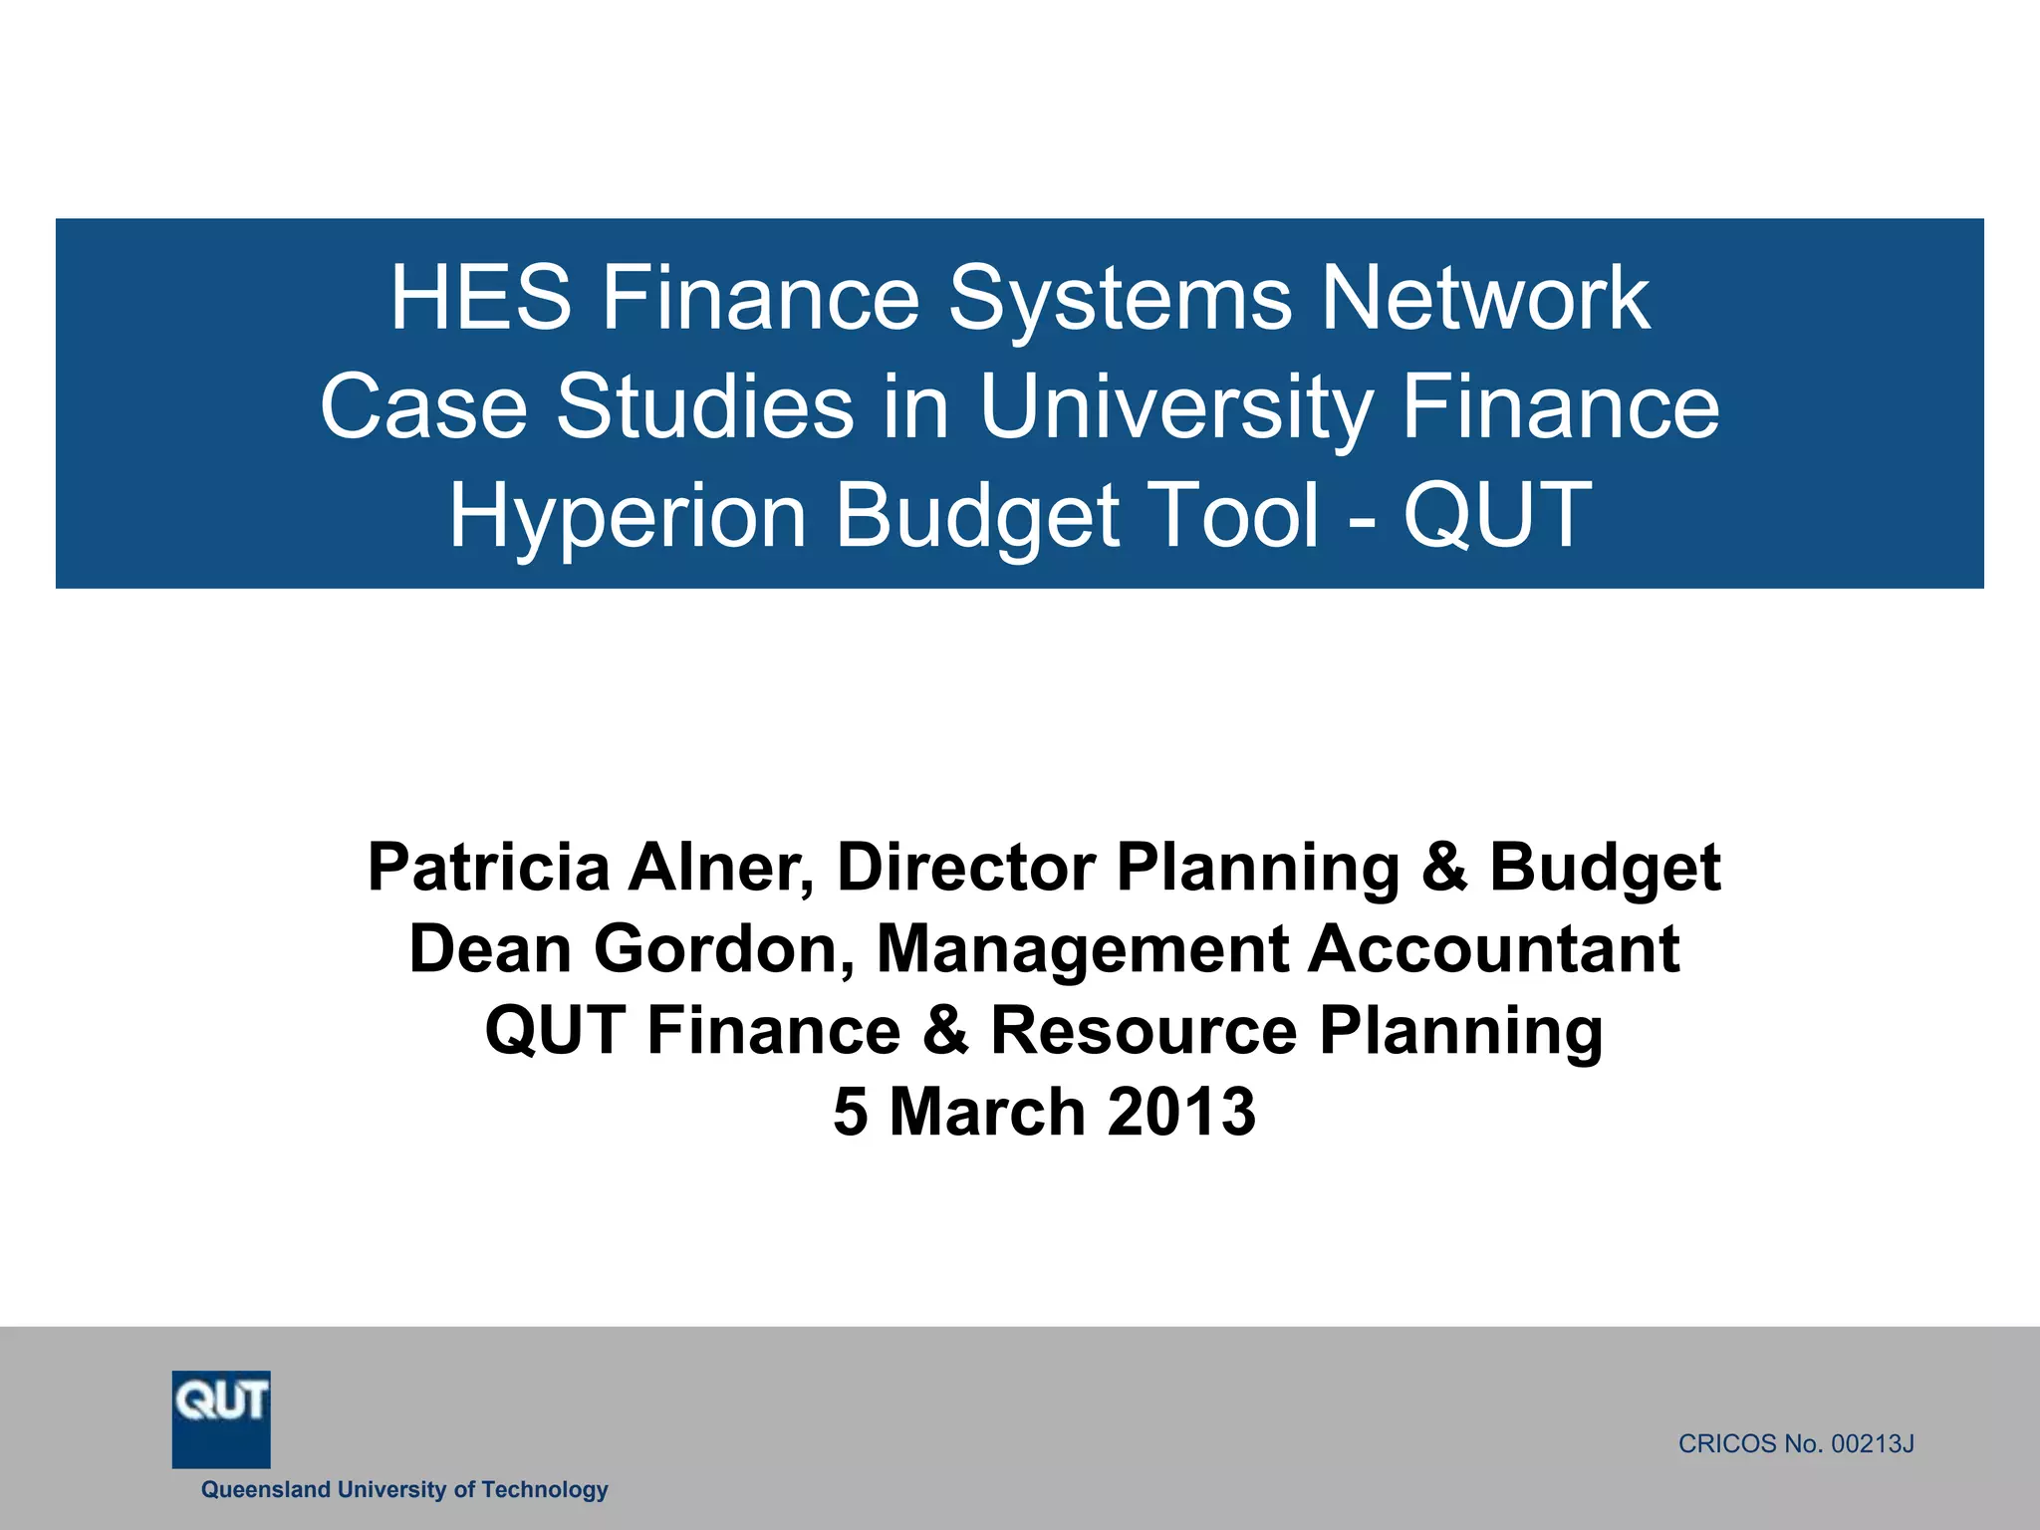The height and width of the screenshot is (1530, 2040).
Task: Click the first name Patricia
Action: [488, 867]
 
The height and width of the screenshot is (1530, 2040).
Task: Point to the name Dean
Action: [490, 948]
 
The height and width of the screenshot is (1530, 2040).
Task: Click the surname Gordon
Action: [725, 948]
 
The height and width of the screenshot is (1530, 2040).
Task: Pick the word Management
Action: [1082, 948]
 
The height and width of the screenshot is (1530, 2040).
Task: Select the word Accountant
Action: [1493, 948]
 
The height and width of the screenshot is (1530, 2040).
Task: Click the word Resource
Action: [1144, 1030]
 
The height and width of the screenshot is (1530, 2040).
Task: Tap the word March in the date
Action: [986, 1112]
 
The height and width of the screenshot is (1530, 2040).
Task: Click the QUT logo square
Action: [221, 1418]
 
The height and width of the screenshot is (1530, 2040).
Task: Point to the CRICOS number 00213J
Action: [1873, 1444]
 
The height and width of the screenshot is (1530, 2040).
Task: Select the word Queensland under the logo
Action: [265, 1489]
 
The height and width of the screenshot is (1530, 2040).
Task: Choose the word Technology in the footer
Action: [544, 1489]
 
